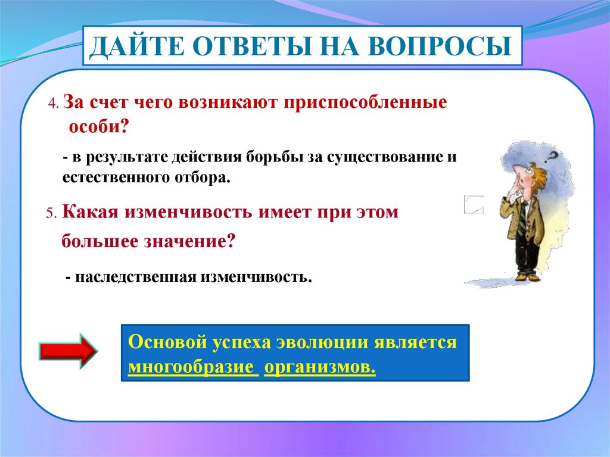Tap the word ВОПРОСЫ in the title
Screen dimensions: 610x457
point(440,46)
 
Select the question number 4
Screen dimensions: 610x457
point(53,104)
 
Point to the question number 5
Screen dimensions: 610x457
point(51,213)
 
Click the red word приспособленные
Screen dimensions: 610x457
point(365,102)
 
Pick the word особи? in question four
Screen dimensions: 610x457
point(98,126)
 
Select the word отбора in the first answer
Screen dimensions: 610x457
point(203,178)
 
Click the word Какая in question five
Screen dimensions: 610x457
point(90,212)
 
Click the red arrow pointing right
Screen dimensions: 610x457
point(68,351)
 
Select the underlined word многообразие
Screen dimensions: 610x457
point(193,366)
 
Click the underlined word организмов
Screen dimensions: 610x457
point(320,366)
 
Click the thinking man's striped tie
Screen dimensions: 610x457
point(522,219)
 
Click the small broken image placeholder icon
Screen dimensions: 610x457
point(474,205)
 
